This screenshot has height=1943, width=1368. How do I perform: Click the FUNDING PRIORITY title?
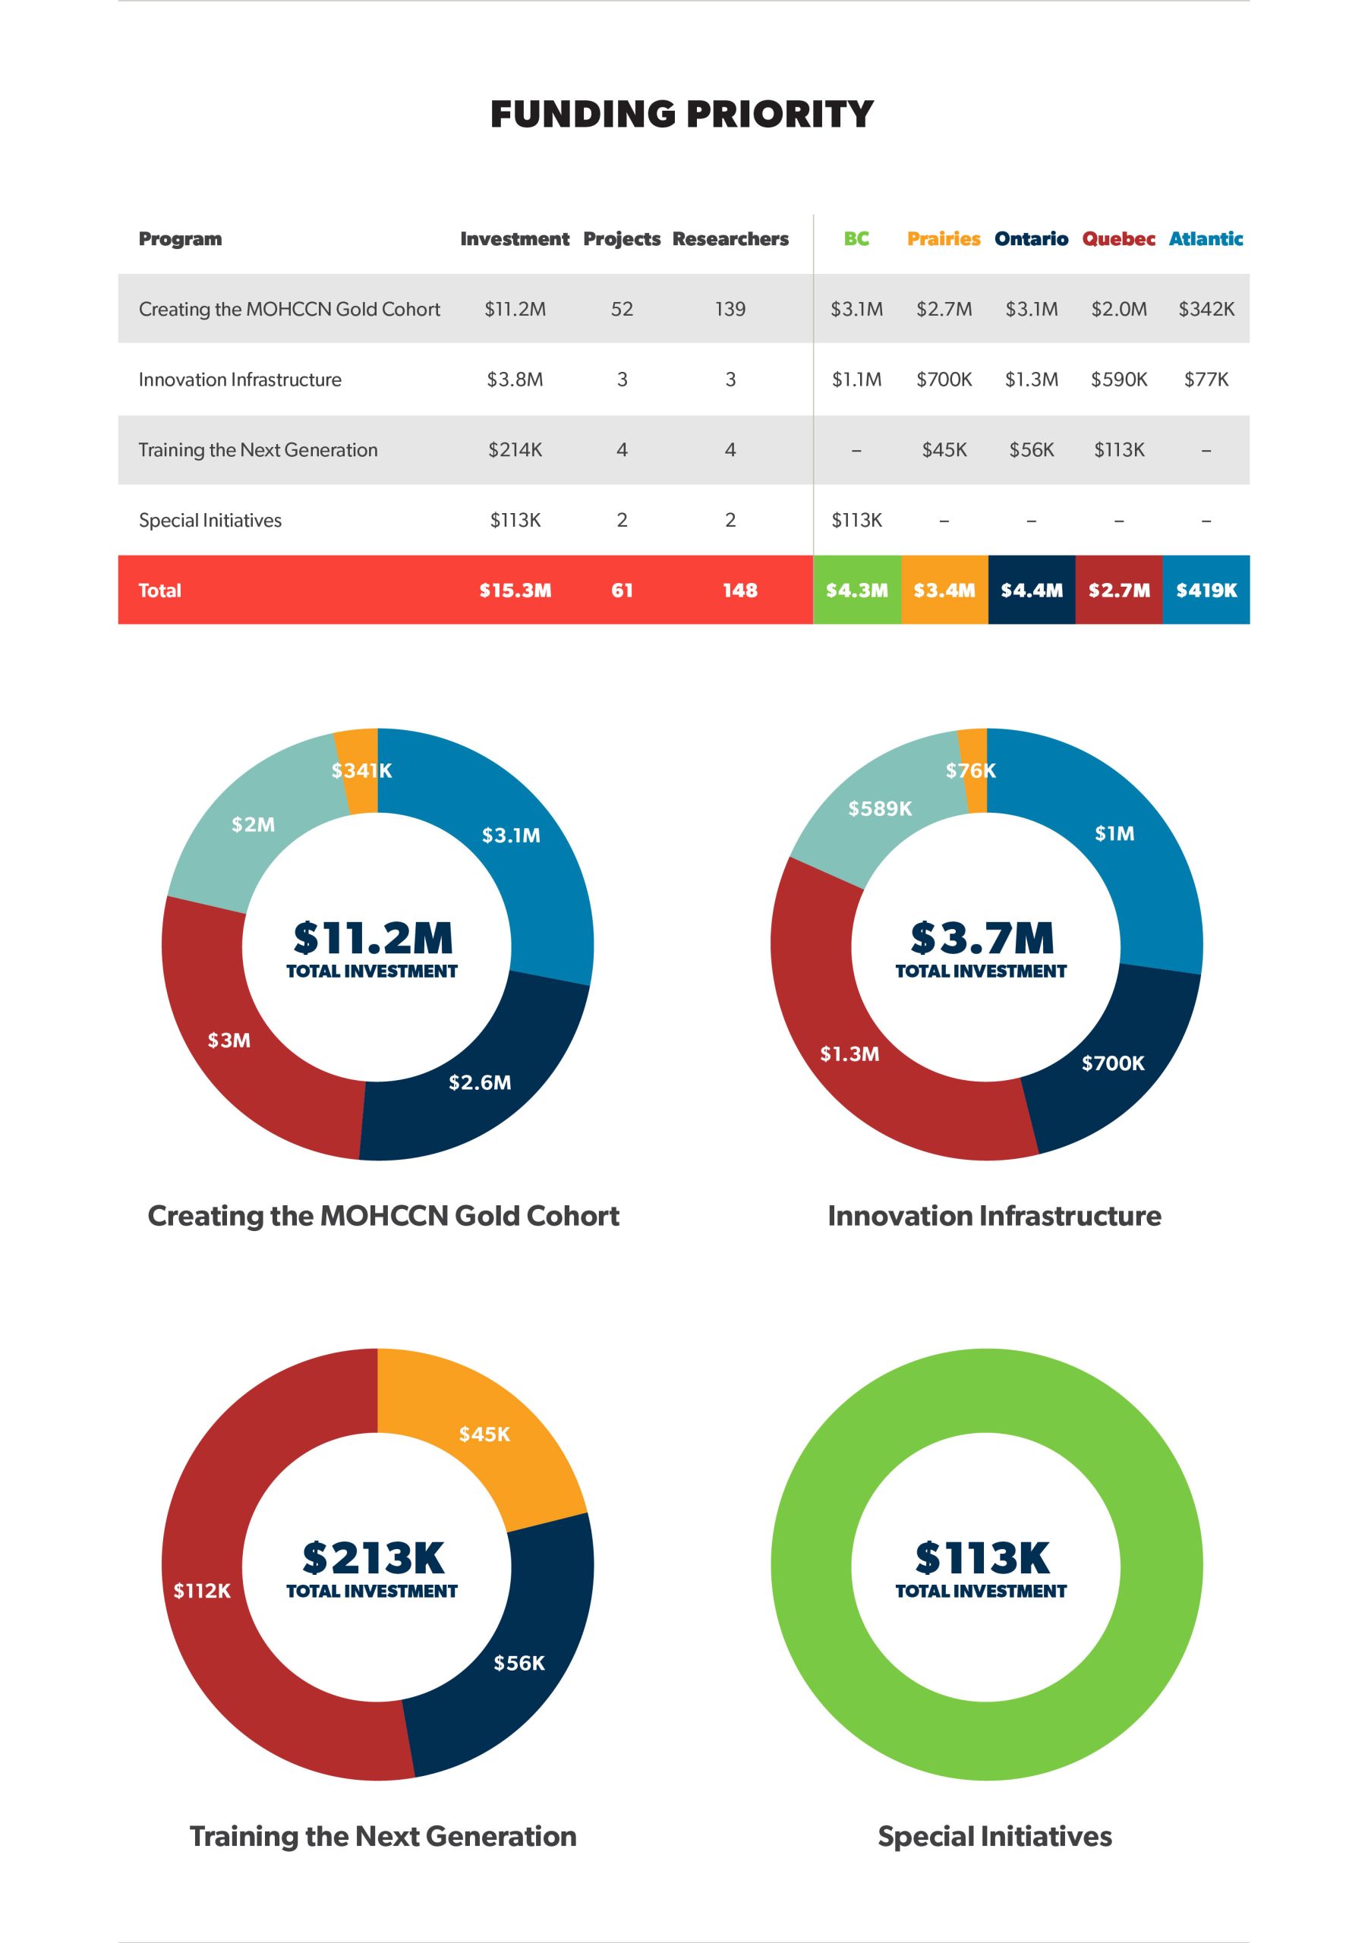[682, 115]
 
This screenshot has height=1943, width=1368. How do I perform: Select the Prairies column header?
[943, 238]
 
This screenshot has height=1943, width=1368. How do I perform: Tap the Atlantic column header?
[1206, 238]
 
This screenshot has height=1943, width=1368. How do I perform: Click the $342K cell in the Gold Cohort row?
[1206, 309]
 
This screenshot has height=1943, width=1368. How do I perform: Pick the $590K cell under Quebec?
[1118, 379]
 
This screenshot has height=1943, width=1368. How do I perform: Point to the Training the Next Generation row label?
[258, 449]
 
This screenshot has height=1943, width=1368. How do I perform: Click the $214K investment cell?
[515, 449]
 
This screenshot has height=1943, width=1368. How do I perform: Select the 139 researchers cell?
[730, 309]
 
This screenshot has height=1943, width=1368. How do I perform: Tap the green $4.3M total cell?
[856, 590]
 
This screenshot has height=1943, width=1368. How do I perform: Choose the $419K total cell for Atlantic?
[1206, 590]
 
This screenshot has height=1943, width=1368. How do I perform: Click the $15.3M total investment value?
[515, 590]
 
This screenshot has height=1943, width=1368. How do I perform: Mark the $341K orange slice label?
[361, 770]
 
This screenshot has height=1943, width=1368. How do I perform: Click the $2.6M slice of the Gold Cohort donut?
[480, 1082]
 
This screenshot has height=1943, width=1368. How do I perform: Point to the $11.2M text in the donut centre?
[374, 937]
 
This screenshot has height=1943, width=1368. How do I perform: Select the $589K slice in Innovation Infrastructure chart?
[881, 808]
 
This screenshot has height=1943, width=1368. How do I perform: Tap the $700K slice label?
[1112, 1063]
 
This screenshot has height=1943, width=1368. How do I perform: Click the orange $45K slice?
[484, 1434]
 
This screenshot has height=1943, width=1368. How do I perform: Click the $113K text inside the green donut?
[982, 1557]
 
